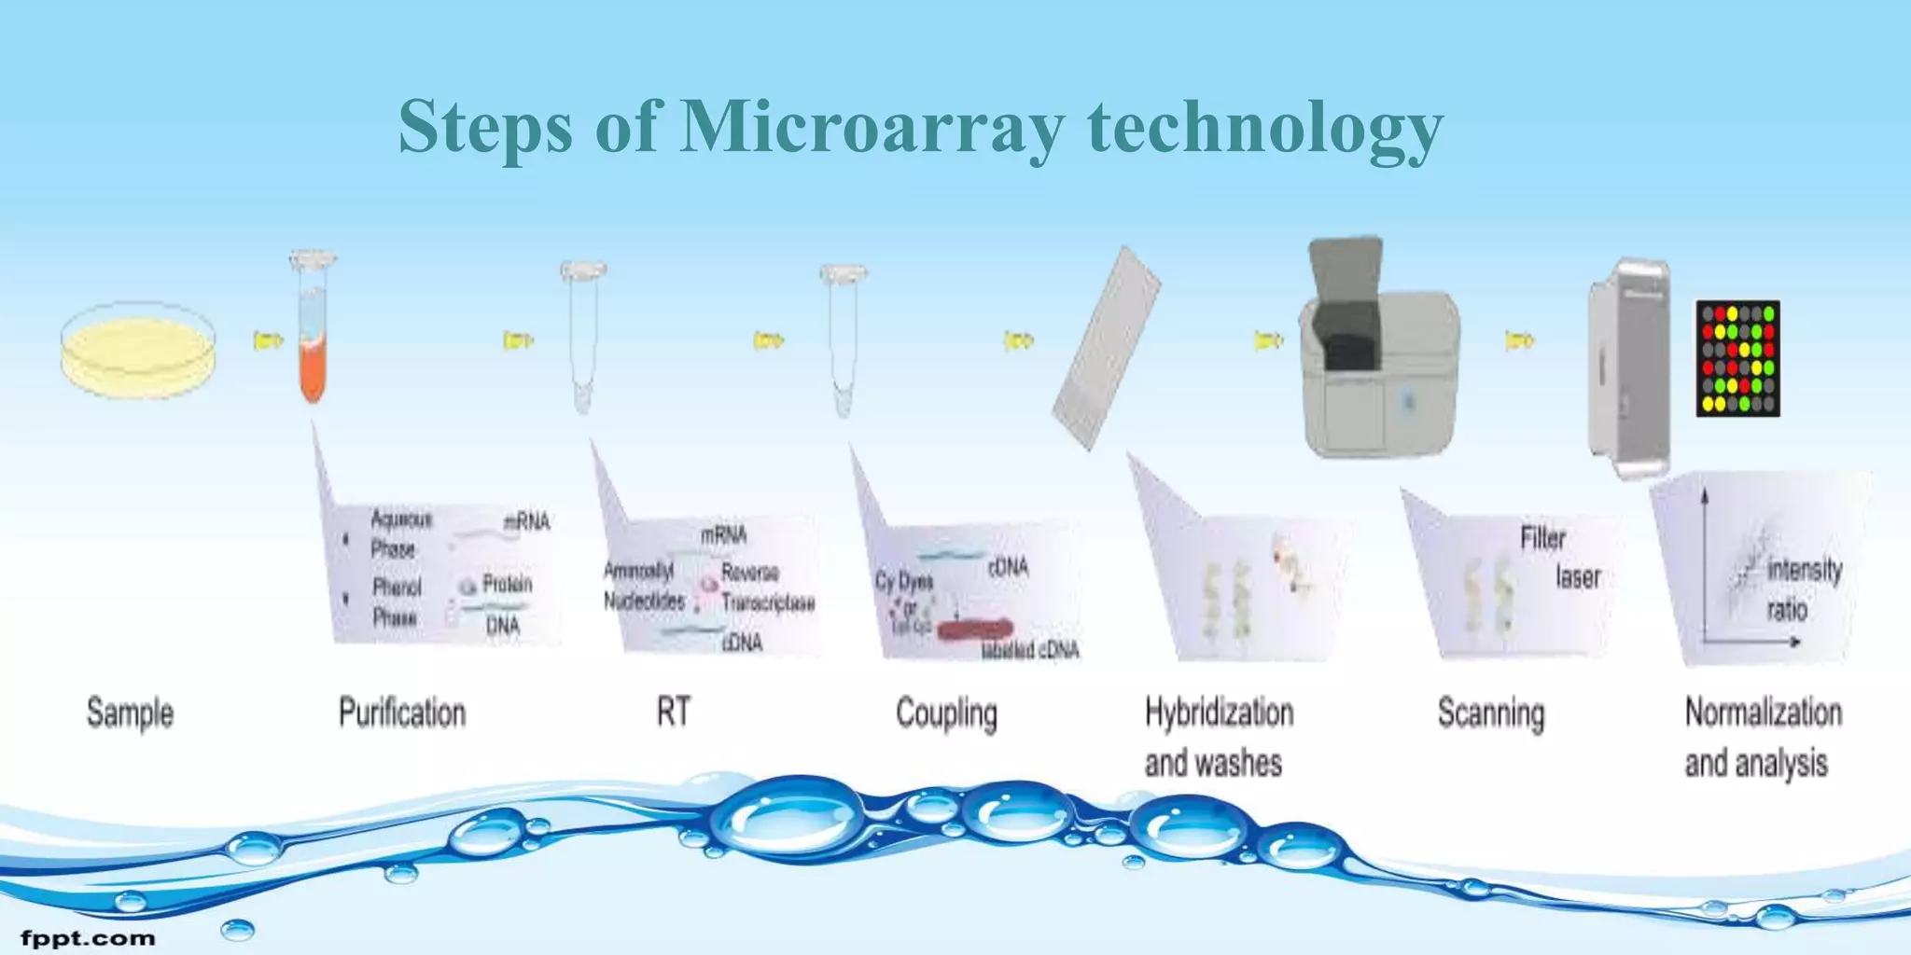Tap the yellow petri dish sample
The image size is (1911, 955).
[139, 350]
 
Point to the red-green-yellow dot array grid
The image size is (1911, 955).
[1737, 358]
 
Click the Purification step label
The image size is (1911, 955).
[402, 713]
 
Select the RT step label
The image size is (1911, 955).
[673, 712]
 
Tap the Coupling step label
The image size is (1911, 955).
[946, 714]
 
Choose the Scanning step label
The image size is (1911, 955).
[1490, 714]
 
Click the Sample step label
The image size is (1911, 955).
[130, 713]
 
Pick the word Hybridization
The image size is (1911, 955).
[1219, 713]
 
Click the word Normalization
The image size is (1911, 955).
[1763, 713]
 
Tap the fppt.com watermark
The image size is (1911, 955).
[88, 937]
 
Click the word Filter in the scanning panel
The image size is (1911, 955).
[1542, 538]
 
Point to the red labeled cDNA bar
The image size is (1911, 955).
[974, 630]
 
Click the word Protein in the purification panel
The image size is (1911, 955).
[507, 585]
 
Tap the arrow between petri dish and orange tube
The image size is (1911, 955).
[268, 340]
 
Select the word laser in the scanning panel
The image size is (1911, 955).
[1578, 577]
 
